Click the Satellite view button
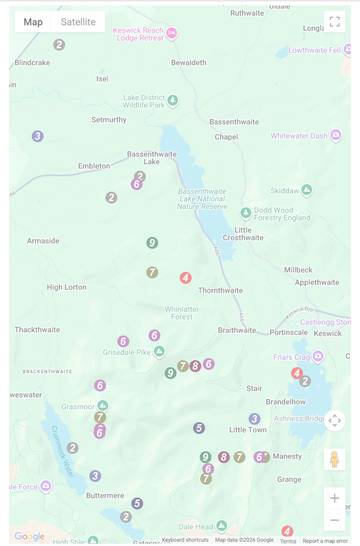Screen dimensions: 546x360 78,22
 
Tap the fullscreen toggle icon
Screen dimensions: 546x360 335,22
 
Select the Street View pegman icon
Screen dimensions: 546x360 334,459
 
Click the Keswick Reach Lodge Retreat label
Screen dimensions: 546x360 138,34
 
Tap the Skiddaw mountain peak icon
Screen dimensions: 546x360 307,190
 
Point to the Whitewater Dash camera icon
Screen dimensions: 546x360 336,135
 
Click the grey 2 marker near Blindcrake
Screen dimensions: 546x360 59,45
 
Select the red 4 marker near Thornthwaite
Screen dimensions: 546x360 186,278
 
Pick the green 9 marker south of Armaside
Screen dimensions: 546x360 152,243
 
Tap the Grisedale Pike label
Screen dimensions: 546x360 126,353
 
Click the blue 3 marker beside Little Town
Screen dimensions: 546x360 255,419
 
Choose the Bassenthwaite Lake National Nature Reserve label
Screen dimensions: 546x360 202,199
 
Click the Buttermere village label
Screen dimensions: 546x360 105,495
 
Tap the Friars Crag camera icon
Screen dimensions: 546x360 319,356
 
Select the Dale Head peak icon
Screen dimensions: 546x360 222,526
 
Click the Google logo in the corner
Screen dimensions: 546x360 30,536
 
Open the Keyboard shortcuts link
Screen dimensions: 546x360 185,540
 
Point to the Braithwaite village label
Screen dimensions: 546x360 237,330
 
